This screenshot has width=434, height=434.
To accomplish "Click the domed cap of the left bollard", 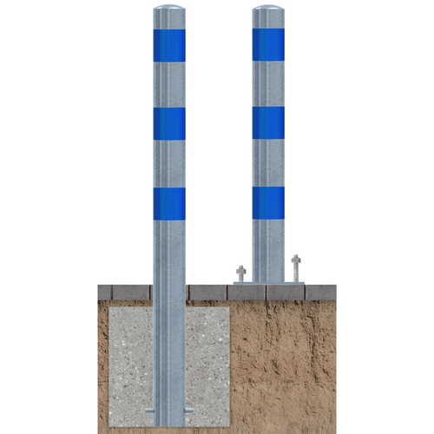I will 169,11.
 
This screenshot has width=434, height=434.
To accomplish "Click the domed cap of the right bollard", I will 268,11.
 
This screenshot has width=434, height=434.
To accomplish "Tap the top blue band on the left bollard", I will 169,45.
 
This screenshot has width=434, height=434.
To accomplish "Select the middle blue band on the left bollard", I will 169,123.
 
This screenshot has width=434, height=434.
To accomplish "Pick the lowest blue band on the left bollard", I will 169,203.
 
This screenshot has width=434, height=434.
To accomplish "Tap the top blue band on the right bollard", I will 268,44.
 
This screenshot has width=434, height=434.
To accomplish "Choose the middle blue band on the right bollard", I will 268,122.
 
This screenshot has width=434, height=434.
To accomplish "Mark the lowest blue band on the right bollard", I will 268,202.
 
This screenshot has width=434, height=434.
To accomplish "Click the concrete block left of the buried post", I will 130,356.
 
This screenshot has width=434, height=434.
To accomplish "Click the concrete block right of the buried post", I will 207,356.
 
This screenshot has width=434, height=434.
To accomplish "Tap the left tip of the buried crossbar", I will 148,409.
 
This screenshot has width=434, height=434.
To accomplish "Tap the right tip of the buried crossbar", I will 191,409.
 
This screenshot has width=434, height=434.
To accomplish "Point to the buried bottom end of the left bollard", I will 169,422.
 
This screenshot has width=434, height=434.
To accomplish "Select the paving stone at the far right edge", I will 322,292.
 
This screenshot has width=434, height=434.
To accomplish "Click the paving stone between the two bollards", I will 207,293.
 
